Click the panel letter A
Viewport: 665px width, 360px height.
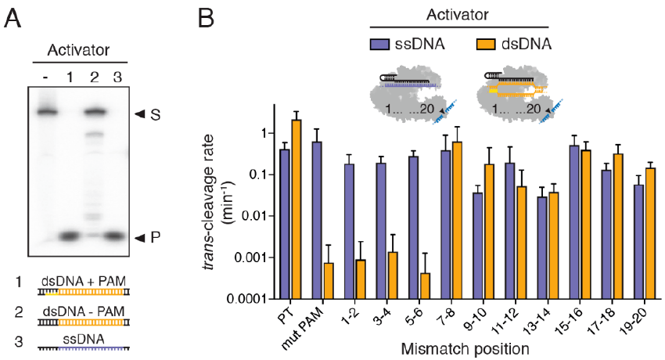point(13,19)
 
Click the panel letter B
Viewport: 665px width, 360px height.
point(206,19)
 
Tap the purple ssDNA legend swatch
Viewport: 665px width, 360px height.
point(379,44)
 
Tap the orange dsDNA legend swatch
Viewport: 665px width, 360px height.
point(486,44)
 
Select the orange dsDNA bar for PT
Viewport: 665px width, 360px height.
point(296,210)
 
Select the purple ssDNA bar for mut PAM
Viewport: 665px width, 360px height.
point(317,221)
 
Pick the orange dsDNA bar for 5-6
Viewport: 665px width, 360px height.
point(425,286)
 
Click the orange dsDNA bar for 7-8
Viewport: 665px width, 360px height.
point(457,221)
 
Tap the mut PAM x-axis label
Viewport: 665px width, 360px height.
point(302,326)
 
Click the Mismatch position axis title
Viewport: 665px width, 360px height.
point(465,349)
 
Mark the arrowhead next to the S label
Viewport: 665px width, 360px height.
point(140,113)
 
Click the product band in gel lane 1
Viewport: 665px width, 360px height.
point(69,236)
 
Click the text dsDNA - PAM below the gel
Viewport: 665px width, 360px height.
point(84,311)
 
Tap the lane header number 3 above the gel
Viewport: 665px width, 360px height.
point(117,77)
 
